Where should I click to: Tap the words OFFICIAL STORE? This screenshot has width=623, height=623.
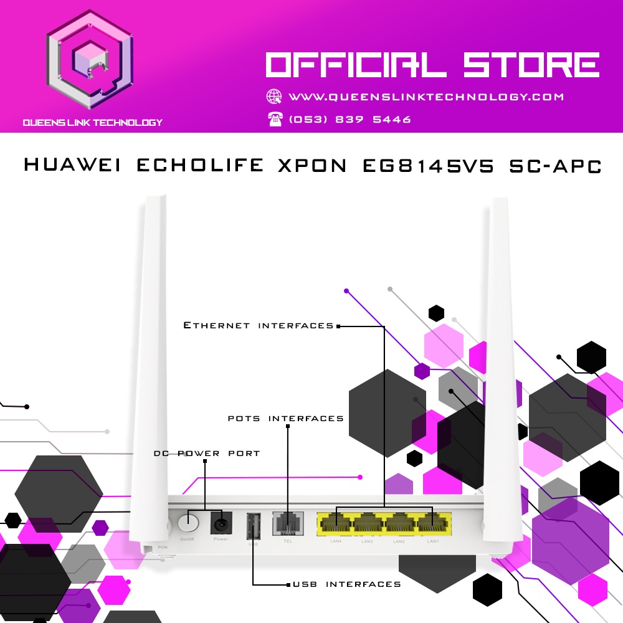432,65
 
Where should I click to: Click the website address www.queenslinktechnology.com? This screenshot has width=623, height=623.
426,97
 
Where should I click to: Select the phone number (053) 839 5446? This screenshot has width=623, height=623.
350,120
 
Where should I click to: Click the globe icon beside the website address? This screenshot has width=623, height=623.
274,97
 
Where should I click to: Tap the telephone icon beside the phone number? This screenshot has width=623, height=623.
275,119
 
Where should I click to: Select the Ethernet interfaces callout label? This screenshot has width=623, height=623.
259,325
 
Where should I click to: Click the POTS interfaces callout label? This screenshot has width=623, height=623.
286,418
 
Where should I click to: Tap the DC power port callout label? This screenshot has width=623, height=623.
207,453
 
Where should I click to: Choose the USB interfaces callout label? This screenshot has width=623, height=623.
347,584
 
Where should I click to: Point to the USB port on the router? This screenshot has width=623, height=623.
254,526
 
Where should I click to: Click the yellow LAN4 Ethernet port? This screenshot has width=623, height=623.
336,524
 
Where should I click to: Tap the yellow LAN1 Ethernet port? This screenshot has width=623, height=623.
432,524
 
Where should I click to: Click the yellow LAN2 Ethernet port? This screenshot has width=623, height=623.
401,524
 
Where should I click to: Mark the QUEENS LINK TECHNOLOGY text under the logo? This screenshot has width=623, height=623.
92,123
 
